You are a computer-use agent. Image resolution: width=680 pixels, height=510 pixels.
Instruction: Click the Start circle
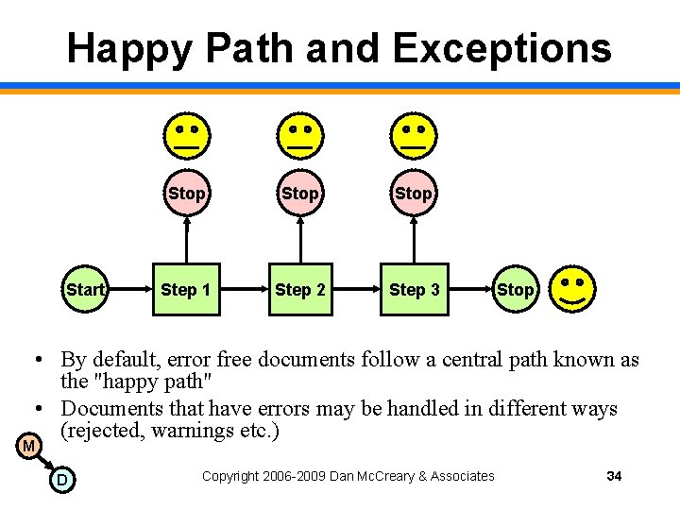85,289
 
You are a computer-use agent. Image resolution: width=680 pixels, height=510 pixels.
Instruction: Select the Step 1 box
186,289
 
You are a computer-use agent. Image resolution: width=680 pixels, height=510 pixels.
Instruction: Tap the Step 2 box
300,289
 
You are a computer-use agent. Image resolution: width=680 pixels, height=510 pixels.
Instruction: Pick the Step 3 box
415,289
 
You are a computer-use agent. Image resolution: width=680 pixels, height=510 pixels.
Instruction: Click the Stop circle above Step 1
186,194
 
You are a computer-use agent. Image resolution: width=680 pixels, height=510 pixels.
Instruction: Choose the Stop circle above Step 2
300,194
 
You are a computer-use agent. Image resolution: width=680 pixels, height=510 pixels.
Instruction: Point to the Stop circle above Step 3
414,194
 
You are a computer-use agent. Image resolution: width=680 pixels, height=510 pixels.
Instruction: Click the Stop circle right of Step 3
515,290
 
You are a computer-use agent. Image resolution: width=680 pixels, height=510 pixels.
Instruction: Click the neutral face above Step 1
186,134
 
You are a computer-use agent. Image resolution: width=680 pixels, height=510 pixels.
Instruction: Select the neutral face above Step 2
300,134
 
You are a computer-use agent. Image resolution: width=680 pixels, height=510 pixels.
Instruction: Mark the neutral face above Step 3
414,134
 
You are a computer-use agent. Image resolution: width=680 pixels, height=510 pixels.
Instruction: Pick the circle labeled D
61,481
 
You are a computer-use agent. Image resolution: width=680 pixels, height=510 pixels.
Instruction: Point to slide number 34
614,476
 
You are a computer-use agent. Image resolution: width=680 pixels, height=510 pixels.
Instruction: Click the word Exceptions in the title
503,47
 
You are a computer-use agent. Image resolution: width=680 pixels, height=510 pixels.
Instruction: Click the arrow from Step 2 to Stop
300,240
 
